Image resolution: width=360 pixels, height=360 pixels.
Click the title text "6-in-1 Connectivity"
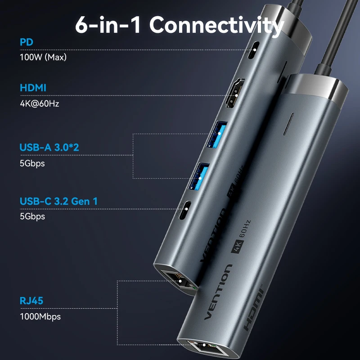(x=179, y=25)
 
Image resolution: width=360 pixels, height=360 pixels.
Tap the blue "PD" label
(x=27, y=42)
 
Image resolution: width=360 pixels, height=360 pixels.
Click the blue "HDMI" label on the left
(x=33, y=88)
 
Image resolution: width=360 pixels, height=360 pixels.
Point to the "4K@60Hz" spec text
(x=40, y=103)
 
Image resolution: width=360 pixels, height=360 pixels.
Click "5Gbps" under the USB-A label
(x=32, y=163)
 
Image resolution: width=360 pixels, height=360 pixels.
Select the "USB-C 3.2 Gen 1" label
(x=58, y=201)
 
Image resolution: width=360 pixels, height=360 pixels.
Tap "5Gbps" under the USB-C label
(x=32, y=216)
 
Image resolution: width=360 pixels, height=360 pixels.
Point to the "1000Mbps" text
(x=40, y=316)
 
